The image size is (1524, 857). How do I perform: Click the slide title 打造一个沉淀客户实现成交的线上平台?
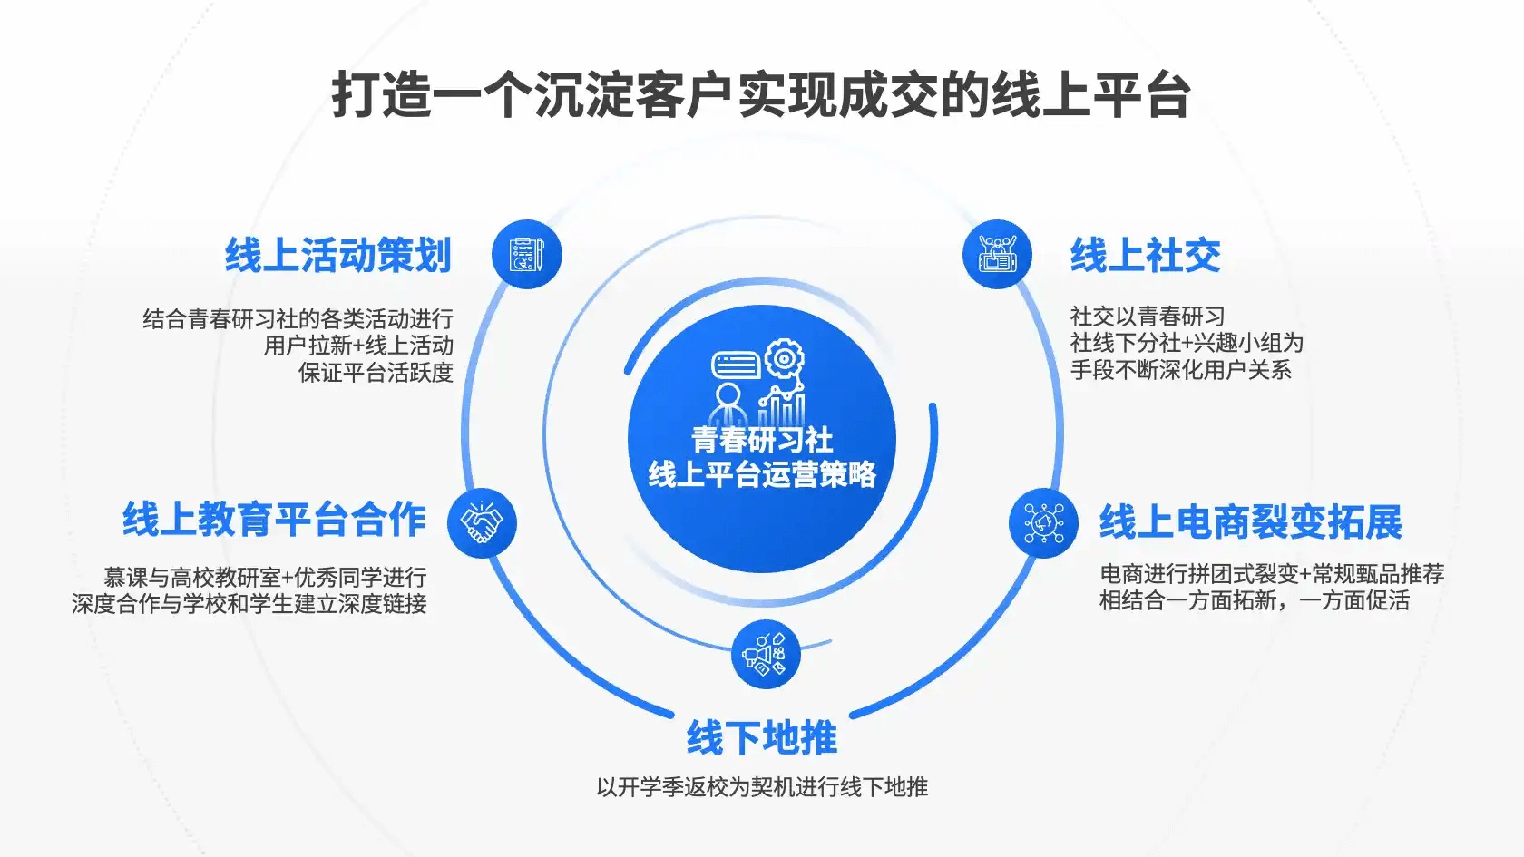pyautogui.click(x=760, y=95)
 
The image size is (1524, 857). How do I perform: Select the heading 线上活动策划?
pyautogui.click(x=339, y=256)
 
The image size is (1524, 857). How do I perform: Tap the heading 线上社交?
pyautogui.click(x=1146, y=256)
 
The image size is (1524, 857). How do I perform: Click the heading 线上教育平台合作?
pyautogui.click(x=274, y=521)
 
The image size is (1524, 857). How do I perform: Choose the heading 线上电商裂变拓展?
pyautogui.click(x=1251, y=522)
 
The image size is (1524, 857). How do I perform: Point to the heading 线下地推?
pyautogui.click(x=762, y=737)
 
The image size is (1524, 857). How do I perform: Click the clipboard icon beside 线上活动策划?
pyautogui.click(x=526, y=254)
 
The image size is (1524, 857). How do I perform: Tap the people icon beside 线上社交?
pyautogui.click(x=998, y=254)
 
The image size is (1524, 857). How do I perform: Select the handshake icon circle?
pyautogui.click(x=482, y=523)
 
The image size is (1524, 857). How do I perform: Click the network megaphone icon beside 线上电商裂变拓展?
pyautogui.click(x=1043, y=523)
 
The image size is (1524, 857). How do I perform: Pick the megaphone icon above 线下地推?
pyautogui.click(x=766, y=655)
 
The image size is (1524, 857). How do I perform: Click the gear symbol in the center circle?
pyautogui.click(x=786, y=358)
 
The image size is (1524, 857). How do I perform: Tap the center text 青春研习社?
pyautogui.click(x=762, y=440)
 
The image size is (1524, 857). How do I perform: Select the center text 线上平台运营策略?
pyautogui.click(x=762, y=474)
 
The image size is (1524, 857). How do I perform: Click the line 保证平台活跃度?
pyautogui.click(x=376, y=373)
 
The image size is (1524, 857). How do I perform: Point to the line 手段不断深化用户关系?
pyautogui.click(x=1180, y=370)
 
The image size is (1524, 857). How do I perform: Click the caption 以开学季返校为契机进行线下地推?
pyautogui.click(x=762, y=787)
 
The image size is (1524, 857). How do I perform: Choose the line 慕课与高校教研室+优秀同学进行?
pyautogui.click(x=265, y=578)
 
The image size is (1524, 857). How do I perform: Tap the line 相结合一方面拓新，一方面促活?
pyautogui.click(x=1255, y=601)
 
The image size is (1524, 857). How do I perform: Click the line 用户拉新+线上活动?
pyautogui.click(x=358, y=346)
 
